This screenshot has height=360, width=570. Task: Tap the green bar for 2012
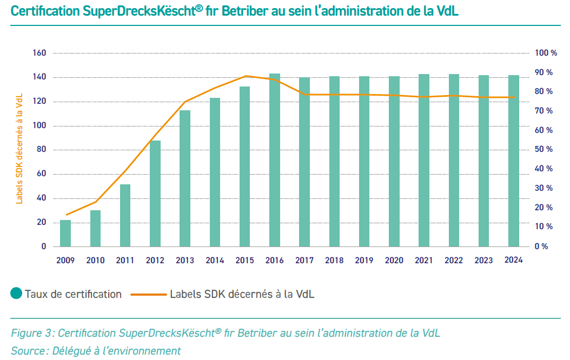[x=155, y=194]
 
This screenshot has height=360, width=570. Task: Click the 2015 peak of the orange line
[x=246, y=76]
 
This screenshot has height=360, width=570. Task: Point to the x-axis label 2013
[x=185, y=260]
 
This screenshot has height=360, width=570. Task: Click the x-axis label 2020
[x=394, y=260]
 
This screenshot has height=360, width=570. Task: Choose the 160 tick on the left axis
[x=39, y=53]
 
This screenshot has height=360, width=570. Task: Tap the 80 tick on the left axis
[x=41, y=150]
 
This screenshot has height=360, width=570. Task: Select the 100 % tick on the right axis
[x=546, y=53]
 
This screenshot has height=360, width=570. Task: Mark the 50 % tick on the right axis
[x=544, y=149]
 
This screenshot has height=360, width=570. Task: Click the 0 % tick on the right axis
[x=541, y=246]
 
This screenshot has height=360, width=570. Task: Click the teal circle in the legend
[x=16, y=294]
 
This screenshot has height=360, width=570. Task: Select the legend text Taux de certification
[x=73, y=294]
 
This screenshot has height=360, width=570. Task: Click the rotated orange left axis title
[x=19, y=148]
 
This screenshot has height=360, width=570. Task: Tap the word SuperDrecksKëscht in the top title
[x=140, y=11]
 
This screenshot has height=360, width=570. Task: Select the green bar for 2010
[x=95, y=228]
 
